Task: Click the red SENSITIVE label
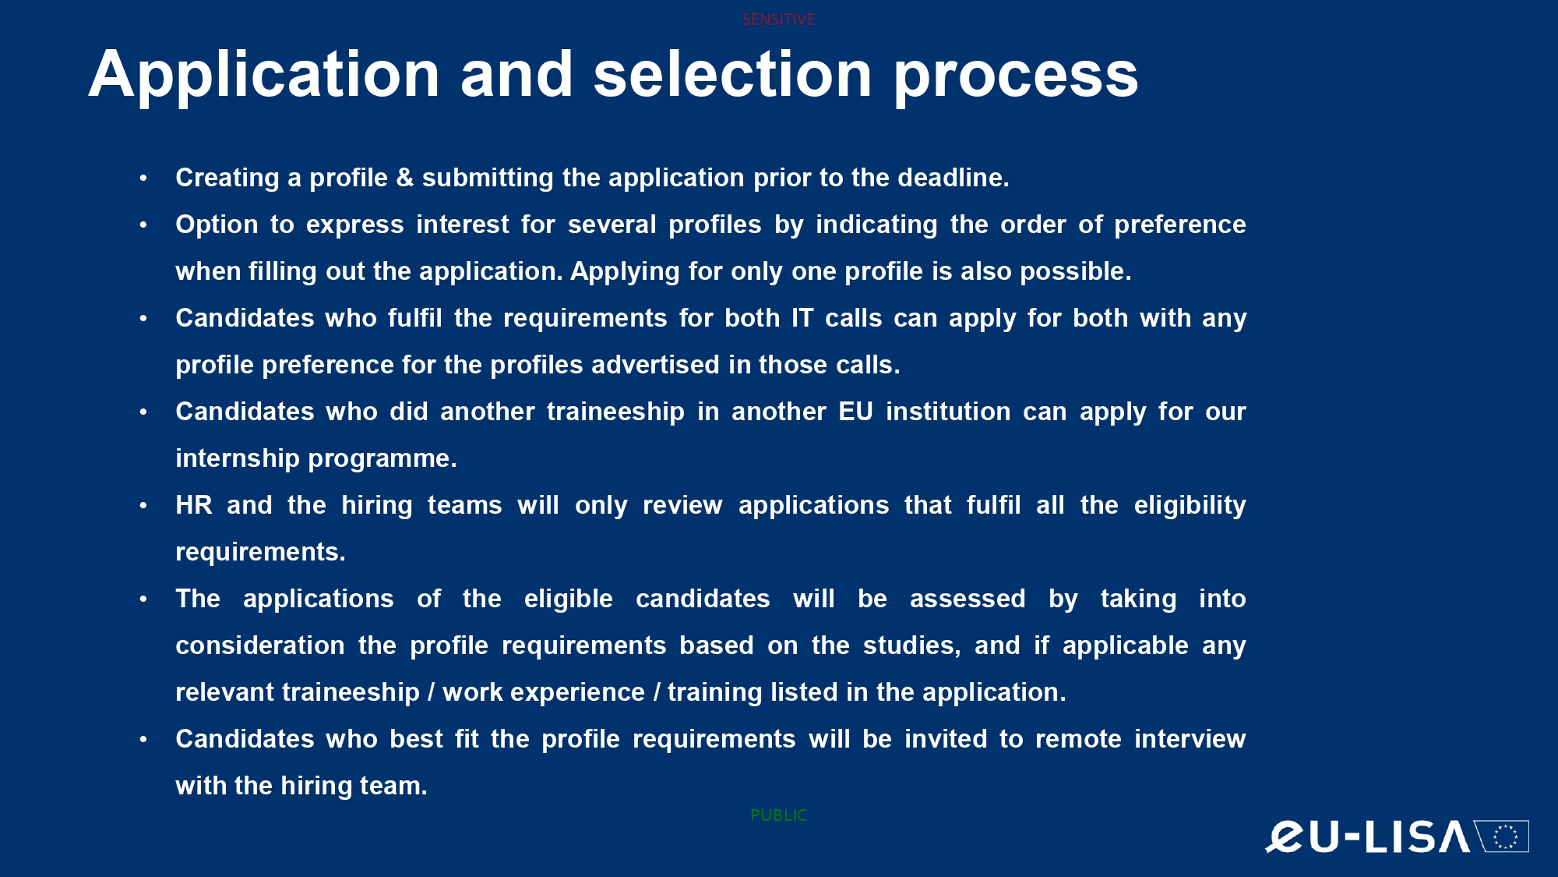(x=778, y=19)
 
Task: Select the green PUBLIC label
(x=778, y=815)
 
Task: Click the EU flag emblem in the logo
(x=1503, y=836)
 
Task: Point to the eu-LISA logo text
(x=1367, y=836)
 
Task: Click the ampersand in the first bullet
(x=405, y=178)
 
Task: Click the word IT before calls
(x=802, y=318)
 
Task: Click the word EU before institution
(x=855, y=412)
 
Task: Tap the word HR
(x=194, y=505)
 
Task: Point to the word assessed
(x=968, y=599)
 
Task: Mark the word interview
(x=1190, y=739)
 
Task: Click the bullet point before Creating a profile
(x=143, y=179)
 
